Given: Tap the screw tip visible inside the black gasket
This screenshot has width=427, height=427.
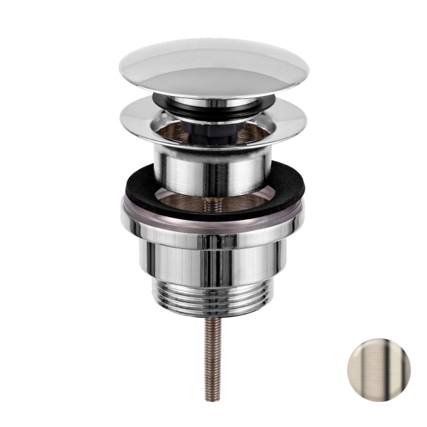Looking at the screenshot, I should click(x=211, y=203).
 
